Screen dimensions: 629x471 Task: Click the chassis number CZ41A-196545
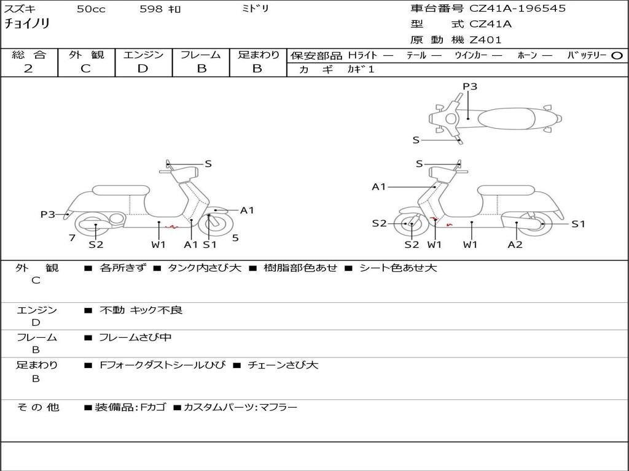click(x=517, y=9)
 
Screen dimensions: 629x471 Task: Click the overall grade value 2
click(x=28, y=69)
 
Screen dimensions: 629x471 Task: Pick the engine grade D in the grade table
click(x=143, y=69)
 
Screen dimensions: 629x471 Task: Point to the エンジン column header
click(x=143, y=55)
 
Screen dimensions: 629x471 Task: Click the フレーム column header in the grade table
click(x=201, y=55)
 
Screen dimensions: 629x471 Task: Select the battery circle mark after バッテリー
click(x=617, y=56)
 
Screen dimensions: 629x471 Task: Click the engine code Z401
click(x=485, y=40)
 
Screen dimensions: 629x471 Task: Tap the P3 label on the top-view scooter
click(x=469, y=86)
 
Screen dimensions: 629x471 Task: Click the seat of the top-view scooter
click(x=510, y=118)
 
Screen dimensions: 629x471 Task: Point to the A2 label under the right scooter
click(x=515, y=245)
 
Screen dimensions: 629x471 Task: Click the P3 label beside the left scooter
click(x=48, y=214)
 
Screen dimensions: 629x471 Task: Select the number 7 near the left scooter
click(x=72, y=237)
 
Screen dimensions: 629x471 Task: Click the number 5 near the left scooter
click(x=235, y=237)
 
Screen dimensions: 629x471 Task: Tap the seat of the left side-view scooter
click(x=119, y=190)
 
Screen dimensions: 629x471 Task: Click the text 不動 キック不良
click(x=141, y=310)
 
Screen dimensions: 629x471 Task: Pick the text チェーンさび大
click(x=283, y=366)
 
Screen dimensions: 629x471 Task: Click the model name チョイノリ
click(x=27, y=24)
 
